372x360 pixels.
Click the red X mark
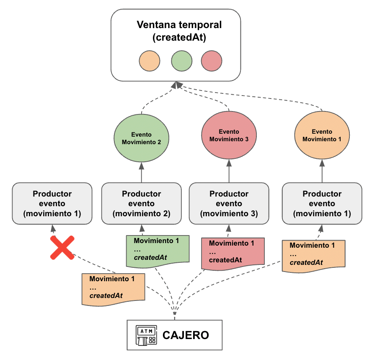click(x=62, y=247)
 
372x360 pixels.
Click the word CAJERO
click(x=186, y=335)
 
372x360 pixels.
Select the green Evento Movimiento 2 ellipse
click(x=141, y=139)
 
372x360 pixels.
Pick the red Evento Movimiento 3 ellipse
click(x=229, y=135)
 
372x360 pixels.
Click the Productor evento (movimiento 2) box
click(x=141, y=204)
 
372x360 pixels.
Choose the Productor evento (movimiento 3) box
click(x=229, y=204)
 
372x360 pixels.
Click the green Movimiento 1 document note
click(x=156, y=250)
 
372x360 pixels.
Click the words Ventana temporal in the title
click(x=179, y=25)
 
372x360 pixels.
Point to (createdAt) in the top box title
click(x=179, y=37)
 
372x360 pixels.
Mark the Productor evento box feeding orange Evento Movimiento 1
click(x=322, y=204)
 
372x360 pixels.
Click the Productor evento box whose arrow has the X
click(x=52, y=204)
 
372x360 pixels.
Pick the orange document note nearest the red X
click(x=113, y=288)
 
